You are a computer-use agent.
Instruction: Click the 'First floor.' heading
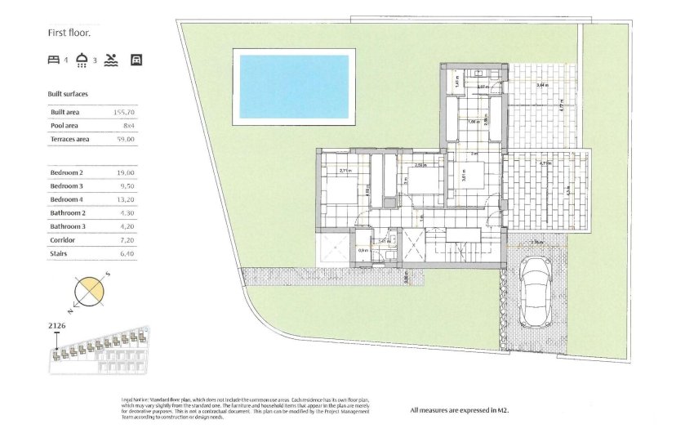[69, 33]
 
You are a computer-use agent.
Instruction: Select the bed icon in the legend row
[54, 60]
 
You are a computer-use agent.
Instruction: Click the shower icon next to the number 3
[82, 59]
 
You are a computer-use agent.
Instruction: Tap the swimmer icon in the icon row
[111, 60]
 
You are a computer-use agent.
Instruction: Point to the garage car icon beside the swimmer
[136, 60]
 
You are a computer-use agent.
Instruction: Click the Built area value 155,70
[124, 111]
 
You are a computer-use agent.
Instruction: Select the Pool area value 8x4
[128, 126]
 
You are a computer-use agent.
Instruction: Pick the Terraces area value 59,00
[126, 140]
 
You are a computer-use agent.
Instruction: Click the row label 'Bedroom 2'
[67, 173]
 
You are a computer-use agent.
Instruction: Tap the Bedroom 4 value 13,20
[125, 199]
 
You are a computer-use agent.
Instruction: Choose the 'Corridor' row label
[63, 240]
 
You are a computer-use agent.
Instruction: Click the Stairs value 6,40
[126, 254]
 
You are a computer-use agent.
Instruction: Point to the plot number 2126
[57, 326]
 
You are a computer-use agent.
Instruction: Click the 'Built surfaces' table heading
[68, 94]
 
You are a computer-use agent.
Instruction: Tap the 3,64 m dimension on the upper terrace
[542, 85]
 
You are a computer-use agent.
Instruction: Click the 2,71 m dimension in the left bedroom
[345, 170]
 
